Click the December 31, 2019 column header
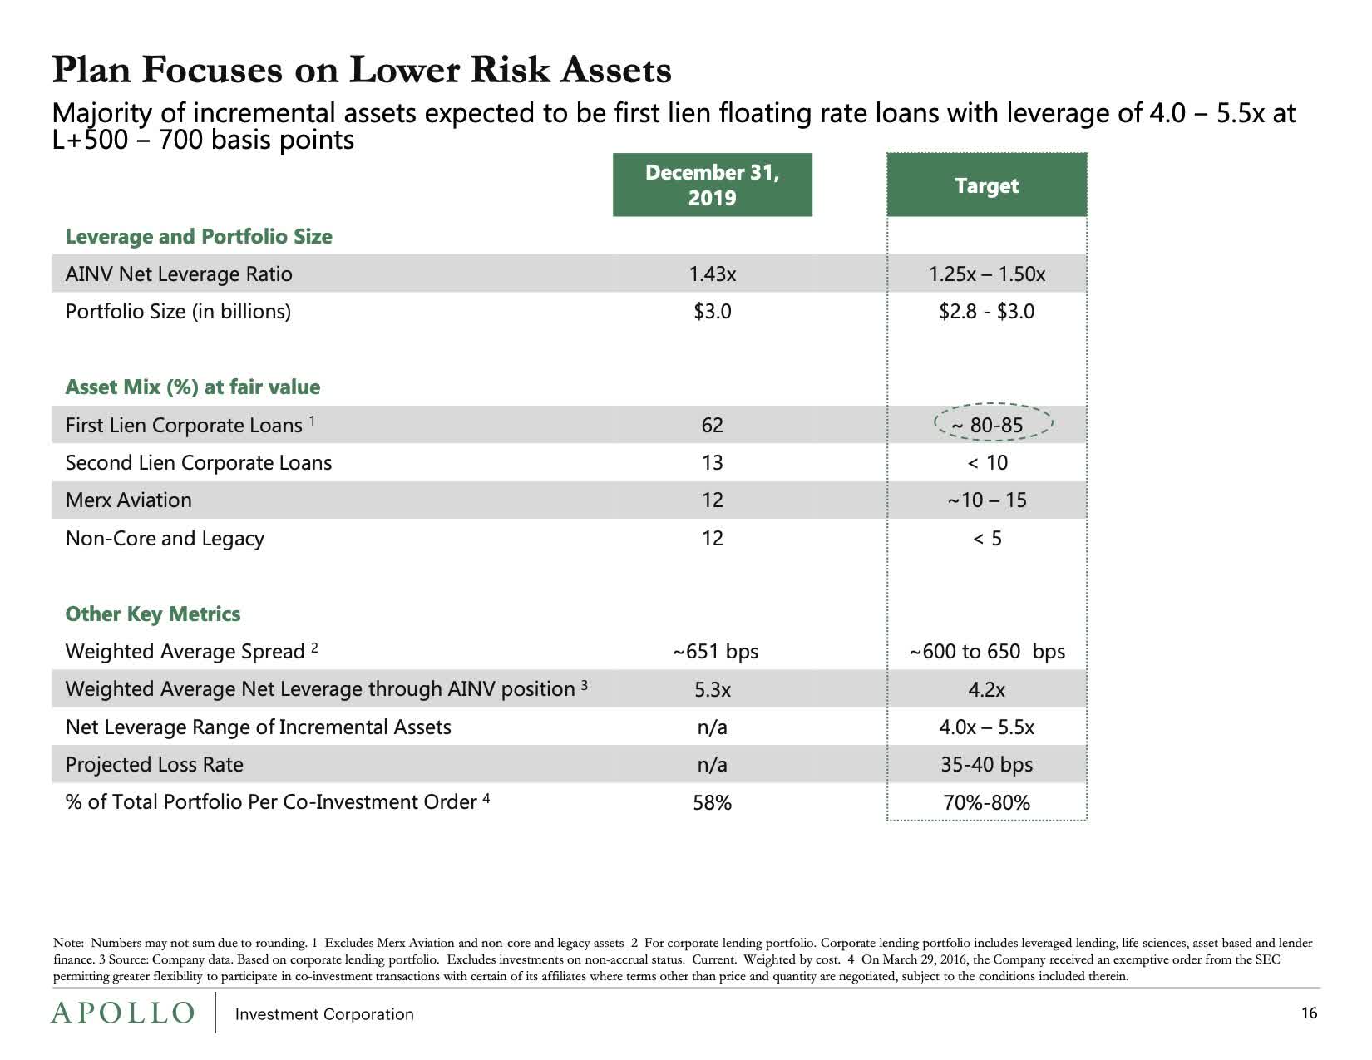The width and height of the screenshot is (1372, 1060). pyautogui.click(x=712, y=185)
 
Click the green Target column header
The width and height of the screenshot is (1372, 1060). pyautogui.click(x=986, y=185)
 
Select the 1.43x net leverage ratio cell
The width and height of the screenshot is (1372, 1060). pyautogui.click(x=712, y=274)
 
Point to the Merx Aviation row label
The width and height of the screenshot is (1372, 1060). pyautogui.click(x=128, y=500)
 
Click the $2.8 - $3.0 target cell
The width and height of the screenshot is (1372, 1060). pyautogui.click(x=986, y=312)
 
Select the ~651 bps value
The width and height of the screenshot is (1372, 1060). pyautogui.click(x=715, y=651)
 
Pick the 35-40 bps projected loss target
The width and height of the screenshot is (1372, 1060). pyautogui.click(x=986, y=764)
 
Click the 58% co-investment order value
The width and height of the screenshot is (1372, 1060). pyautogui.click(x=712, y=802)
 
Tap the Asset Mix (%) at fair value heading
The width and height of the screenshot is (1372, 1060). pyautogui.click(x=192, y=387)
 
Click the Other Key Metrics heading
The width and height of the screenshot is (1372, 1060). pyautogui.click(x=153, y=614)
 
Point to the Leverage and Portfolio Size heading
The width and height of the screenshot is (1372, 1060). pyautogui.click(x=199, y=236)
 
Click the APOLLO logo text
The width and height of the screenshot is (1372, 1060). pyautogui.click(x=122, y=1013)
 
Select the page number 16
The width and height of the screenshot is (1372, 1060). pyautogui.click(x=1309, y=1013)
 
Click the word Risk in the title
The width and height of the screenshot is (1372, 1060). pyautogui.click(x=510, y=70)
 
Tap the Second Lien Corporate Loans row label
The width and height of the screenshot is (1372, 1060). pyautogui.click(x=198, y=462)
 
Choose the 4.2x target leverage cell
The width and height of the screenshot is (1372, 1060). pyautogui.click(x=986, y=689)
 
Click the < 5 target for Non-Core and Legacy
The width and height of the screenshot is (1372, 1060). pyautogui.click(x=986, y=539)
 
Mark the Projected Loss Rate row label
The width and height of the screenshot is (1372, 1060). pyautogui.click(x=154, y=764)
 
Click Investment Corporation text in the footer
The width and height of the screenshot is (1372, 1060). pyautogui.click(x=324, y=1014)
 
